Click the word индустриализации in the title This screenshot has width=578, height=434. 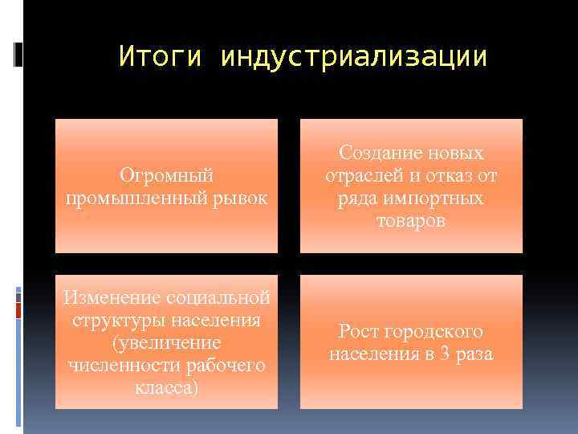(354, 57)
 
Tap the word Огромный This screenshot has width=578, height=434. (166, 174)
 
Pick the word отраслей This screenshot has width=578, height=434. (360, 175)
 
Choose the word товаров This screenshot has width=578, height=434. (411, 220)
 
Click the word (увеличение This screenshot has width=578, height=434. (166, 343)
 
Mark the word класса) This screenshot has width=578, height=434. (166, 388)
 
